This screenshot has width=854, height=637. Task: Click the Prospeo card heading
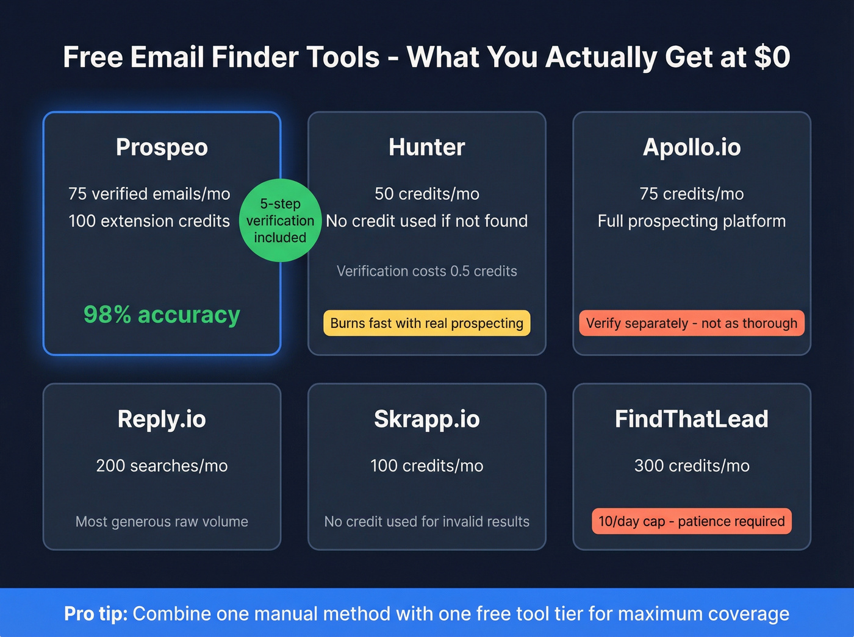coord(162,148)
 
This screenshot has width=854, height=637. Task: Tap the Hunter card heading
coord(426,148)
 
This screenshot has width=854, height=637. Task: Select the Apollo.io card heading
coord(691,148)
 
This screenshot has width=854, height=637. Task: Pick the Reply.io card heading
coord(162,419)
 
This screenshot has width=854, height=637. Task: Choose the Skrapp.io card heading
coord(426,419)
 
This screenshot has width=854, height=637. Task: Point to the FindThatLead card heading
coord(691,419)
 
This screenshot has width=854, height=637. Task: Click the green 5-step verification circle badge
coord(280,221)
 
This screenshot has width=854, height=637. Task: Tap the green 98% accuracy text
coord(162,315)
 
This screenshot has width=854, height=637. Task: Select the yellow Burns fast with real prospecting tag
coord(426,323)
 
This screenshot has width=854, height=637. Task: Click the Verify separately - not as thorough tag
coord(691,323)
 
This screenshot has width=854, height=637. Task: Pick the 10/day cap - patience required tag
coord(691,521)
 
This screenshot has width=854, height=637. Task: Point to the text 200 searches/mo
coord(162,466)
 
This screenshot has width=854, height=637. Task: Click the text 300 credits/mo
coord(691,466)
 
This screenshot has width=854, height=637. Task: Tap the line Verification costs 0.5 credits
coord(426,271)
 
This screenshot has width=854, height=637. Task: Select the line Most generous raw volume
coord(162,522)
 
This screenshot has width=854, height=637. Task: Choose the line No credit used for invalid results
coord(426,522)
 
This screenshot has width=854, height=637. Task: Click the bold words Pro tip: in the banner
coord(96,613)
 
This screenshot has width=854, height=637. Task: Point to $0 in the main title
coord(772,57)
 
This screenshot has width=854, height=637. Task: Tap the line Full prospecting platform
coord(691,221)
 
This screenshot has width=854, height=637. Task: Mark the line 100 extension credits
coord(149,221)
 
